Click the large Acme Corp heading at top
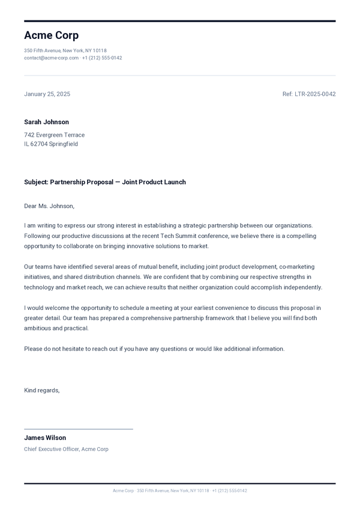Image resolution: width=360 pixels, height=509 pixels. (51, 35)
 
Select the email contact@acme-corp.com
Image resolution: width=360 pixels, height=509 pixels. (51, 58)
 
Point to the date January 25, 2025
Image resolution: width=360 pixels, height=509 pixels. (47, 94)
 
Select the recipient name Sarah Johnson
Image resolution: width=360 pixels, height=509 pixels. (46, 122)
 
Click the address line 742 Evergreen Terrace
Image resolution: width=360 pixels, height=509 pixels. (54, 135)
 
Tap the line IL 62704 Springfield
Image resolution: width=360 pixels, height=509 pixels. (51, 144)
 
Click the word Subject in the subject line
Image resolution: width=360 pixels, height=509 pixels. (35, 182)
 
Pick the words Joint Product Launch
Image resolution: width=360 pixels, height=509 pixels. (154, 182)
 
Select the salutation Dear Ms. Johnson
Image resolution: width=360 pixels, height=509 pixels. (49, 206)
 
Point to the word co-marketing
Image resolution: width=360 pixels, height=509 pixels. (296, 267)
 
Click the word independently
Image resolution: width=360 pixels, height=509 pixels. (301, 287)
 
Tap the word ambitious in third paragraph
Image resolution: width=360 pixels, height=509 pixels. (38, 329)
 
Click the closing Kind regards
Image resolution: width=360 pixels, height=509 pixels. (42, 390)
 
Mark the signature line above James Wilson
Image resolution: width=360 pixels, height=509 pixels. (78, 429)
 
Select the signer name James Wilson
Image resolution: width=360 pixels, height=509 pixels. (45, 438)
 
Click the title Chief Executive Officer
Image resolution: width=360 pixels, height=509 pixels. (52, 449)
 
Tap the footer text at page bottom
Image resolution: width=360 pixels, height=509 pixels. (180, 490)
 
